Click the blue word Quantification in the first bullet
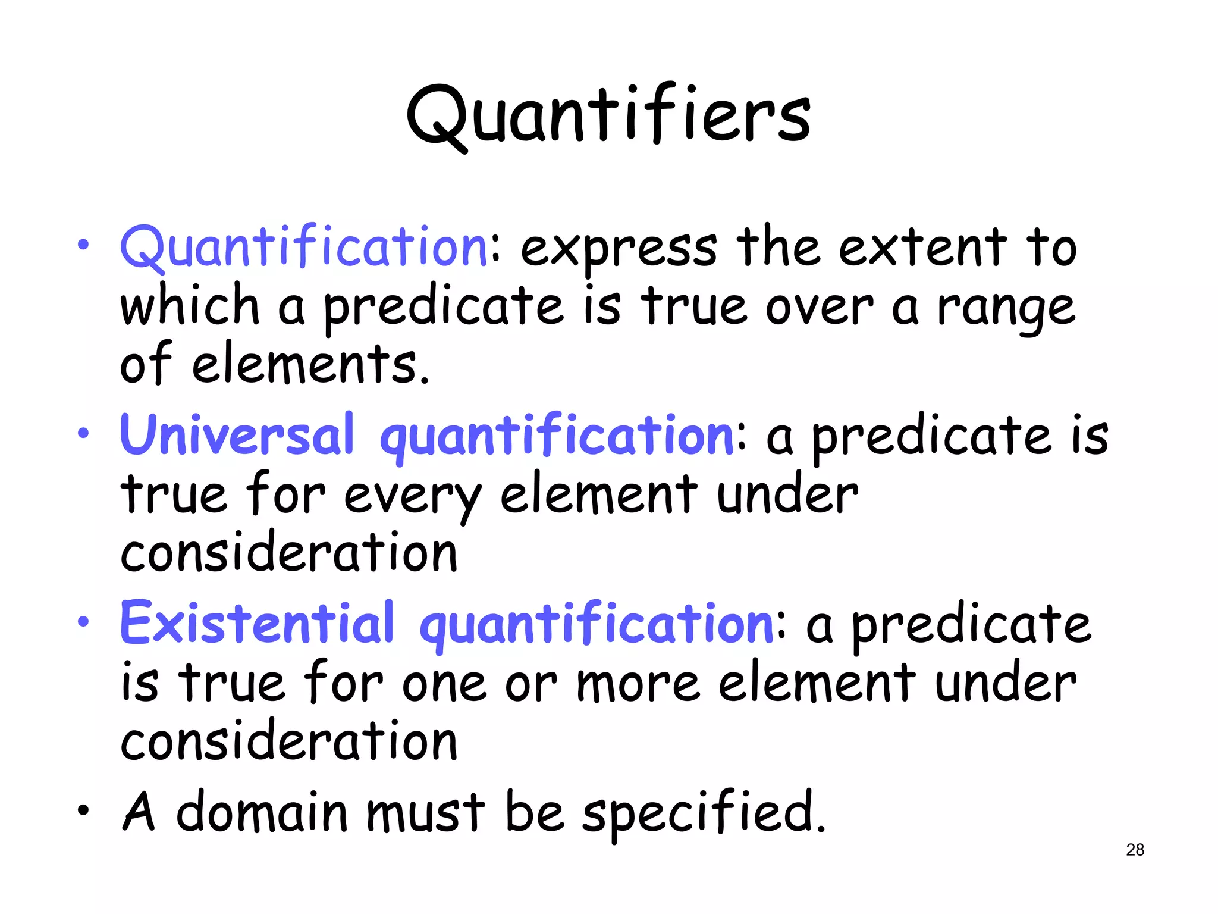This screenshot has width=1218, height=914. click(x=304, y=247)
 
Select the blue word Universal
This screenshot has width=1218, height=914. click(x=237, y=434)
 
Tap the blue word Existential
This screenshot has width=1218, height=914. click(x=257, y=622)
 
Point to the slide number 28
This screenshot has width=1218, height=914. click(x=1135, y=850)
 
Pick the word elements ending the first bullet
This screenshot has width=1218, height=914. click(x=309, y=364)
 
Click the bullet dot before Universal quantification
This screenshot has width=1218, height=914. click(x=83, y=433)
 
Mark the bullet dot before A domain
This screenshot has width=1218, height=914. click(x=83, y=810)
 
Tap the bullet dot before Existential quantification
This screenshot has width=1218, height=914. click(x=83, y=622)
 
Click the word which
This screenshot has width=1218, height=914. click(x=189, y=305)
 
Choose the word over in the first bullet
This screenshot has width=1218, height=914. click(x=819, y=308)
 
